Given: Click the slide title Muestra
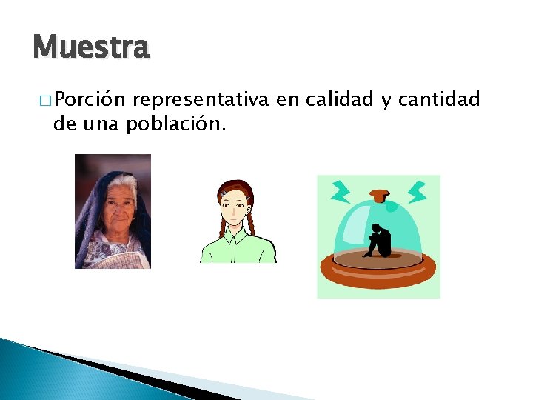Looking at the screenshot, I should [91, 47].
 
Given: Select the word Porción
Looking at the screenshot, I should [92, 99].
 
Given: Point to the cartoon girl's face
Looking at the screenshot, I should [238, 207].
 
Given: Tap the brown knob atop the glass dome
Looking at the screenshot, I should [379, 196].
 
